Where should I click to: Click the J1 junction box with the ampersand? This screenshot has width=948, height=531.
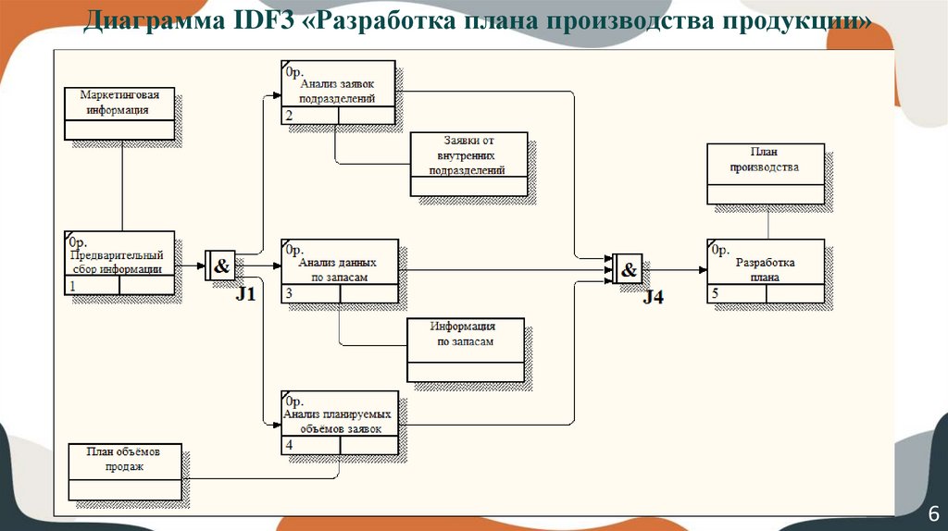[221, 267]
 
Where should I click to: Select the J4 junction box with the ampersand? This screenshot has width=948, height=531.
[628, 270]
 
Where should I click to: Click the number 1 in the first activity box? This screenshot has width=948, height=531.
[72, 287]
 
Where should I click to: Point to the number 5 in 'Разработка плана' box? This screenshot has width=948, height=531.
[714, 295]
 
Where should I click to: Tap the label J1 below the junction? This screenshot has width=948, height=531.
[244, 295]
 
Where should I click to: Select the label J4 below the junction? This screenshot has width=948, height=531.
[654, 298]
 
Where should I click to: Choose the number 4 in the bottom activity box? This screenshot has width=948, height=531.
[290, 446]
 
